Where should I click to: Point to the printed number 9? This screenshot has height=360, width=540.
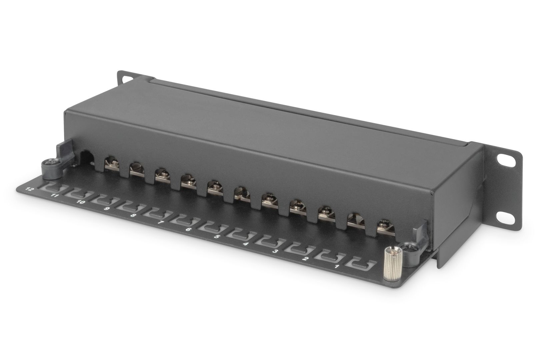coord(107,209)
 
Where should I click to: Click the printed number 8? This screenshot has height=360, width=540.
coord(133,216)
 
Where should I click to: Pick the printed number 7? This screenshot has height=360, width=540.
coord(160,222)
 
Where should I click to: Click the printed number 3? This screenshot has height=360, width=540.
coord(275,251)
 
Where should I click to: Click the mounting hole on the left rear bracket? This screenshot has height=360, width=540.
coord(126,79)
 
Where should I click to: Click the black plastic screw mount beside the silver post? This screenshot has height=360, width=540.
coord(408,249)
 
